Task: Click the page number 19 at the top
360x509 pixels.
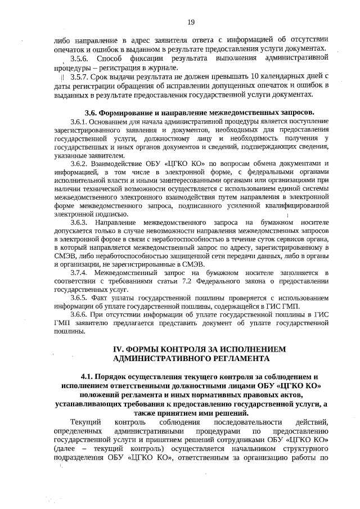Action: (x=191, y=22)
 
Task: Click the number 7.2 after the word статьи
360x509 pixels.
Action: (x=194, y=281)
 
